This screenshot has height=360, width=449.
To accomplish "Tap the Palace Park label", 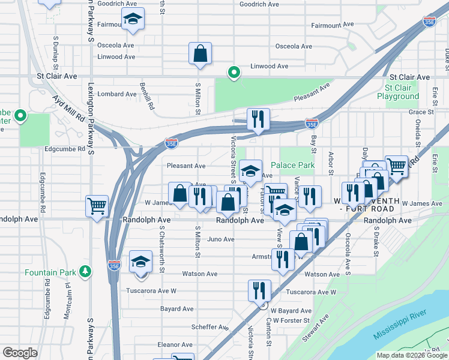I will (x=292, y=165).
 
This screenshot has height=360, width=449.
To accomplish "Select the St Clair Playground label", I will (x=398, y=92).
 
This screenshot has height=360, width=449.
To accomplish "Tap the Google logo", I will (x=20, y=353).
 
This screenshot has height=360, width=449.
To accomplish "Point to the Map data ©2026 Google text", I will (x=411, y=355).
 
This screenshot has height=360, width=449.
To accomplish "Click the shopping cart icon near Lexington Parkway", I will (x=97, y=206).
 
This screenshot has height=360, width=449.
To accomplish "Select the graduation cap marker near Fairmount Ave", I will (x=133, y=20).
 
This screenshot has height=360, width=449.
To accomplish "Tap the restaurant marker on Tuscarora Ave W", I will (x=259, y=290).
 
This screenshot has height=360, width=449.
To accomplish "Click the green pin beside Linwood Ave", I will (x=235, y=73).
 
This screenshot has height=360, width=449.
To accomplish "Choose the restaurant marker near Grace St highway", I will (x=258, y=119).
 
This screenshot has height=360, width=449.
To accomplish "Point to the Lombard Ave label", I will (x=117, y=94).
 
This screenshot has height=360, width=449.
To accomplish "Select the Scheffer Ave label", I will (x=209, y=328).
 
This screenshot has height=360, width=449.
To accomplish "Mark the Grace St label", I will (x=421, y=112).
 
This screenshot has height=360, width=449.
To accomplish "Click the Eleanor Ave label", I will (x=175, y=345).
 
